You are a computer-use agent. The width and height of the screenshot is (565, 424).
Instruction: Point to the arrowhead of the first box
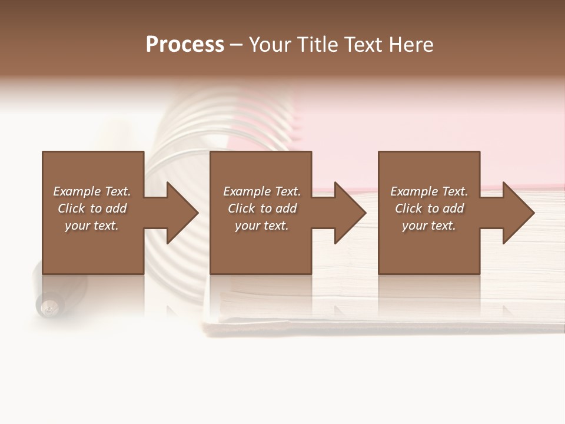click(x=182, y=213)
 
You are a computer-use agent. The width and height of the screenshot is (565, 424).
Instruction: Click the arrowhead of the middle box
click(x=351, y=213)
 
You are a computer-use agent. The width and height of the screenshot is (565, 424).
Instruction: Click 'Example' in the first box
click(x=77, y=191)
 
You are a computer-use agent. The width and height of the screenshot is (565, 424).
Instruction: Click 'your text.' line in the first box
click(x=92, y=226)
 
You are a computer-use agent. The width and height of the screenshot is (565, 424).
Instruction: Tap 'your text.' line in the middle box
click(x=262, y=226)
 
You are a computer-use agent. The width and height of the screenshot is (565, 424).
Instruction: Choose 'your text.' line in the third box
click(x=429, y=226)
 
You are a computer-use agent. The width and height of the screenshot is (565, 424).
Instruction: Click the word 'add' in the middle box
click(x=286, y=208)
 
